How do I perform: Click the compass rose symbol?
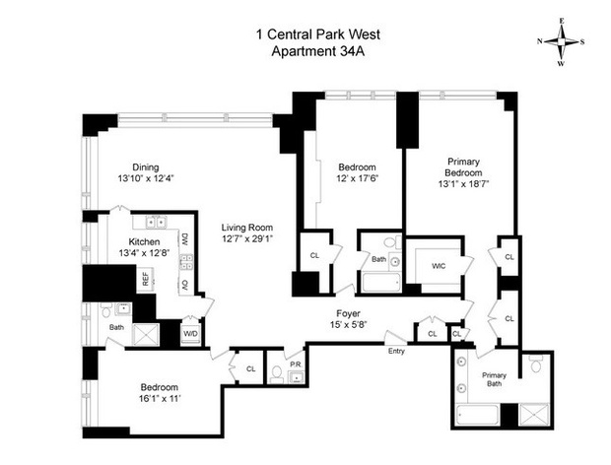pyautogui.click(x=561, y=41)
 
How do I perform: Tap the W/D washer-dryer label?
pyautogui.click(x=190, y=334)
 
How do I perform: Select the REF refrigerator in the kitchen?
pyautogui.click(x=146, y=279)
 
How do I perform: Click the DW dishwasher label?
pyautogui.click(x=184, y=239)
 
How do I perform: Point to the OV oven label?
pyautogui.click(x=185, y=285)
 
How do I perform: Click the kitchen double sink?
pyautogui.click(x=156, y=222)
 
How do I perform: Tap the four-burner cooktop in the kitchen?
pyautogui.click(x=186, y=262)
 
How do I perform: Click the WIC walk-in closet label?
pyautogui.click(x=439, y=266)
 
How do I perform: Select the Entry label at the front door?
pyautogui.click(x=396, y=351)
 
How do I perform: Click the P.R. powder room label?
pyautogui.click(x=296, y=365)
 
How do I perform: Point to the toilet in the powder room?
pyautogui.click(x=277, y=373)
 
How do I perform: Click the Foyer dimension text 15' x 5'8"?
pyautogui.click(x=348, y=324)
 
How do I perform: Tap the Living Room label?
pyautogui.click(x=247, y=228)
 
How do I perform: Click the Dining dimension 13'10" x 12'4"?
pyautogui.click(x=146, y=178)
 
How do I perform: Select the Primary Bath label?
pyautogui.click(x=494, y=379)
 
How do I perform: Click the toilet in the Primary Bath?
pyautogui.click(x=536, y=364)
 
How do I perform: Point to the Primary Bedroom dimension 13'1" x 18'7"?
pyautogui.click(x=463, y=184)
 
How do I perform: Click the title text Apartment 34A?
pyautogui.click(x=318, y=51)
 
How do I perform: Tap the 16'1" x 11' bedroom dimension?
pyautogui.click(x=160, y=399)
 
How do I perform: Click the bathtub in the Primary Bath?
pyautogui.click(x=478, y=416)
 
